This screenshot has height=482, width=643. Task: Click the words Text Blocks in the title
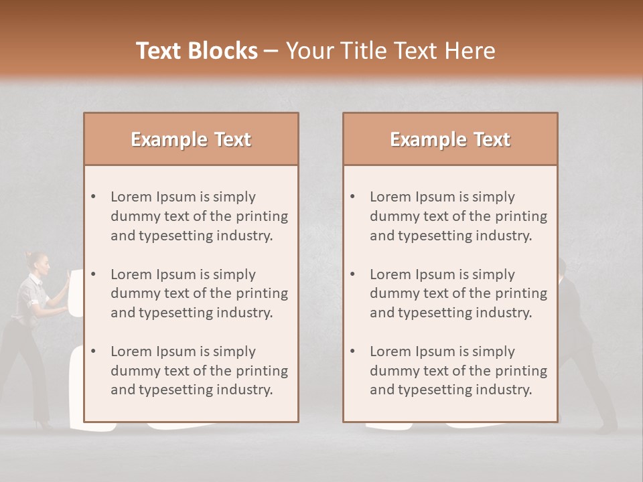pyautogui.click(x=196, y=51)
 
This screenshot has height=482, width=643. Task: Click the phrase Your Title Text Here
pyautogui.click(x=390, y=51)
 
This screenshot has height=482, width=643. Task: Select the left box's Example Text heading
pyautogui.click(x=191, y=139)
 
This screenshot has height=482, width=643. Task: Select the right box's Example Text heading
pyautogui.click(x=450, y=139)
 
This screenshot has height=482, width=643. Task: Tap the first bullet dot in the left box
pyautogui.click(x=94, y=197)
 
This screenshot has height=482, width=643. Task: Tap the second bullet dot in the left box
pyautogui.click(x=94, y=274)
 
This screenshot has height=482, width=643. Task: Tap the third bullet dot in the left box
pyautogui.click(x=94, y=351)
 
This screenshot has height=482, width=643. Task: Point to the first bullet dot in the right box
pyautogui.click(x=353, y=197)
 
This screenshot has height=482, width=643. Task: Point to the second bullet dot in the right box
pyautogui.click(x=353, y=274)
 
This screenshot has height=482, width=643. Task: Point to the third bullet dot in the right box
pyautogui.click(x=353, y=351)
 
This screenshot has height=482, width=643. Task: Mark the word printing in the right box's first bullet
pyautogui.click(x=522, y=216)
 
